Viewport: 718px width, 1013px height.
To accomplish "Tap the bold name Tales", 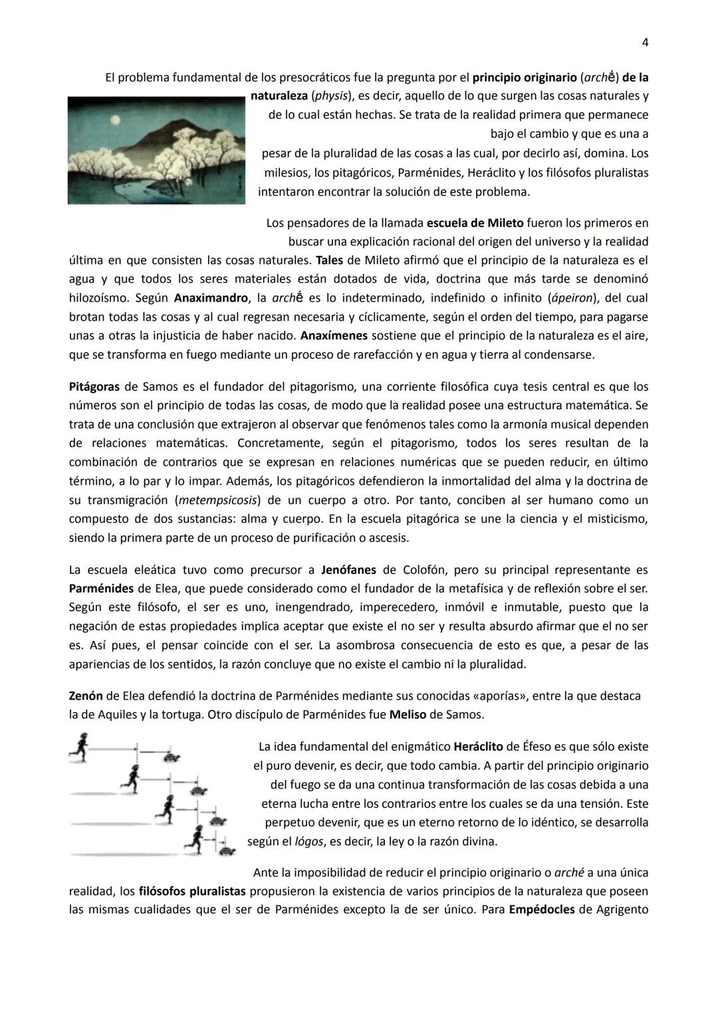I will [330, 260].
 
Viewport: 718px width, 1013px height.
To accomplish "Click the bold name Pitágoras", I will [94, 387].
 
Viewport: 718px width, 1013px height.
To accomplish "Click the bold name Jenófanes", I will [348, 569].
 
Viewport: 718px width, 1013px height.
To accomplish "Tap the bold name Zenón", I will [86, 696].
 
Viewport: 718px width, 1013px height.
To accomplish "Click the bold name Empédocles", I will [541, 909].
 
